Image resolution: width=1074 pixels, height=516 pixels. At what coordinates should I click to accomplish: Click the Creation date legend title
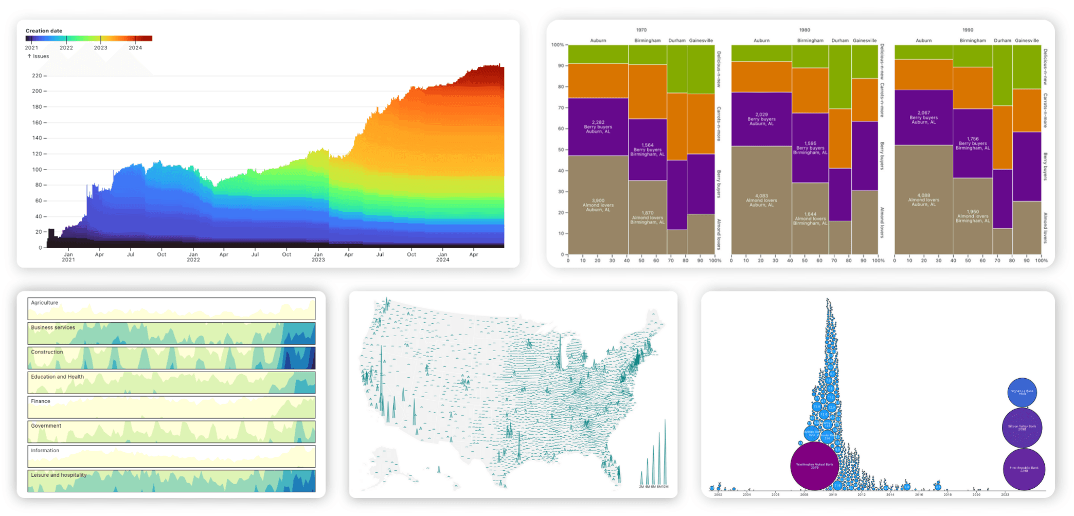click(x=44, y=31)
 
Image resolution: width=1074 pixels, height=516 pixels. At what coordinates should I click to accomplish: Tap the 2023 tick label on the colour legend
click(x=100, y=48)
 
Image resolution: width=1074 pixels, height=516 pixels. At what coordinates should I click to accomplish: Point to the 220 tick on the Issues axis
click(x=37, y=76)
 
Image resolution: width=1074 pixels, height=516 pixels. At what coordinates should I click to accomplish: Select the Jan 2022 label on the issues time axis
click(x=193, y=257)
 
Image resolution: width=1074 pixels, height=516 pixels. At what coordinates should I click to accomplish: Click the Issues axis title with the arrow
click(x=39, y=56)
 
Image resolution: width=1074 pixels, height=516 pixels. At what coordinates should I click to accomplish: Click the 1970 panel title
click(x=641, y=30)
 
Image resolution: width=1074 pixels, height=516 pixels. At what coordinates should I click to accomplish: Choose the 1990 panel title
click(x=968, y=30)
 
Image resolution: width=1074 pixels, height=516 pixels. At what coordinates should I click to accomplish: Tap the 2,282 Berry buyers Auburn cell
click(x=598, y=126)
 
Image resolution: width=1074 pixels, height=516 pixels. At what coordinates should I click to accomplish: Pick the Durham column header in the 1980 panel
click(x=839, y=41)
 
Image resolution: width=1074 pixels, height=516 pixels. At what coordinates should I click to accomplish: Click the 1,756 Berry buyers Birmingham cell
click(x=972, y=143)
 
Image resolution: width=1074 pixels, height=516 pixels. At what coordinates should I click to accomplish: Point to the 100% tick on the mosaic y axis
click(x=558, y=45)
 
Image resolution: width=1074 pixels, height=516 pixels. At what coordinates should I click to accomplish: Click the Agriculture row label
click(x=44, y=303)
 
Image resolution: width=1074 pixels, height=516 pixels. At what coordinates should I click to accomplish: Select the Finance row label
click(x=41, y=401)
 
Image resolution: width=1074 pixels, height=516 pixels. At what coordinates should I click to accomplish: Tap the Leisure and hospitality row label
click(x=59, y=475)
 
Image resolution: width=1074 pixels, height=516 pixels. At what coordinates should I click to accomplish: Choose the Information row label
click(x=45, y=450)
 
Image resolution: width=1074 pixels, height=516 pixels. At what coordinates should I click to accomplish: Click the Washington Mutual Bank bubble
click(x=814, y=466)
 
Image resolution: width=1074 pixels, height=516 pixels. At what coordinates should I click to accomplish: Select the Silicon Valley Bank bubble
click(x=1022, y=428)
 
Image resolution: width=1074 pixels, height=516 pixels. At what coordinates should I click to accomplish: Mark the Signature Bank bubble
click(x=1022, y=392)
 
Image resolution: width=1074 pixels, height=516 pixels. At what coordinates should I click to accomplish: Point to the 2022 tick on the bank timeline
click(x=1005, y=494)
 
